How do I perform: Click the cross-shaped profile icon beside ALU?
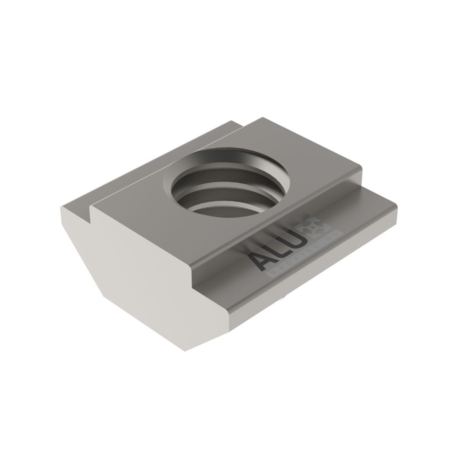click(x=316, y=227)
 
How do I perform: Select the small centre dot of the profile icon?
click(x=316, y=227)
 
